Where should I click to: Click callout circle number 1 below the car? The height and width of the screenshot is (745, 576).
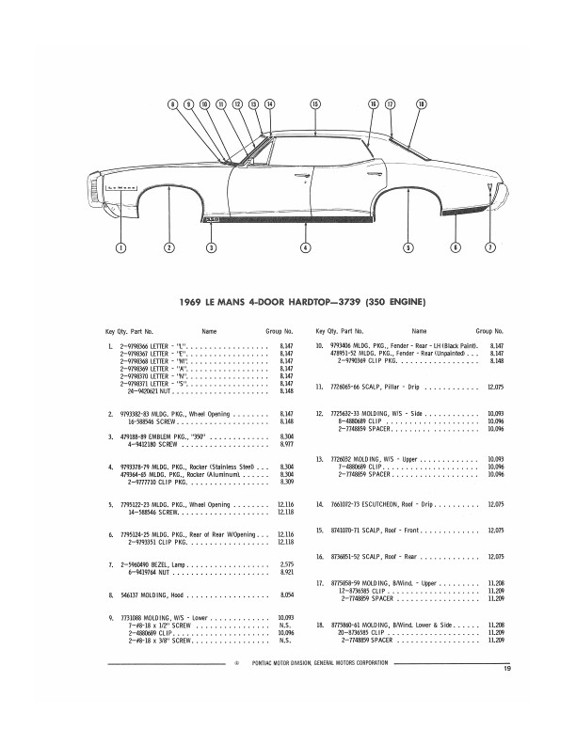pos(120,247)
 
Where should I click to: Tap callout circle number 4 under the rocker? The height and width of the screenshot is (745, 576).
pos(305,247)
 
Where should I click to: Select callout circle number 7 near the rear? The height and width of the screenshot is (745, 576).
pos(489,247)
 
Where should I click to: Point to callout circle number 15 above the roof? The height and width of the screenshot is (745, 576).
pos(315,103)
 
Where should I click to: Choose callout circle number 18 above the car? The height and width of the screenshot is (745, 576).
pos(421,103)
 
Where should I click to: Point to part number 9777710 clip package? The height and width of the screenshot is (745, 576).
pos(141,482)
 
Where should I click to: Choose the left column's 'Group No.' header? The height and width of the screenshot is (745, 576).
pos(278,331)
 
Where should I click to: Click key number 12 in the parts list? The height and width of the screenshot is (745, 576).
pos(320,414)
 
